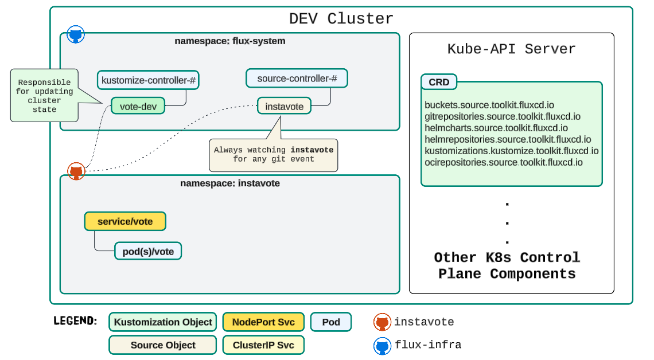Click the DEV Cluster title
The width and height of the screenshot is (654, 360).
click(x=341, y=19)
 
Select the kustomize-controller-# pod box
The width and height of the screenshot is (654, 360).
click(x=148, y=80)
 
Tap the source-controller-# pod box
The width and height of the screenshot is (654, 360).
click(x=297, y=78)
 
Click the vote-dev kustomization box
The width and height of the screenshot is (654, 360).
click(x=138, y=106)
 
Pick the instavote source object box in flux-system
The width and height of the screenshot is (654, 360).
click(x=284, y=106)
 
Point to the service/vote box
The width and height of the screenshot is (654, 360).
click(x=125, y=221)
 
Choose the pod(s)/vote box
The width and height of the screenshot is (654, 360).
click(x=148, y=251)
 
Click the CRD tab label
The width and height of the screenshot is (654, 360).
click(x=439, y=82)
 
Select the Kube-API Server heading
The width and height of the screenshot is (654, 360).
click(x=511, y=49)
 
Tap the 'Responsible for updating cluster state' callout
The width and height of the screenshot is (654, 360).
click(x=44, y=96)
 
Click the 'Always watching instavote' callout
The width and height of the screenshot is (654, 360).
click(x=273, y=154)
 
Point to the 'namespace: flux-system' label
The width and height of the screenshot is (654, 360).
click(x=229, y=41)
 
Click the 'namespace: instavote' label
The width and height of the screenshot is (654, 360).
click(x=229, y=183)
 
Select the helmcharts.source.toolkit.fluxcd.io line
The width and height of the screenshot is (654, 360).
click(x=496, y=128)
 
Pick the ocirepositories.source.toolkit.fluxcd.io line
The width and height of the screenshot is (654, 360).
click(x=504, y=162)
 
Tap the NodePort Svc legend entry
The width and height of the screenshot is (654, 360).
click(x=263, y=322)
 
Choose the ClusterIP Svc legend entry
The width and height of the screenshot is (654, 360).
click(x=263, y=345)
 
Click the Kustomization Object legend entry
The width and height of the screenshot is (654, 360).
click(x=163, y=322)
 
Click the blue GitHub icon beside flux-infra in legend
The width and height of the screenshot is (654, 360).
click(x=382, y=346)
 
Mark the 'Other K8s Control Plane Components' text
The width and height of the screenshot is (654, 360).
click(x=507, y=265)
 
